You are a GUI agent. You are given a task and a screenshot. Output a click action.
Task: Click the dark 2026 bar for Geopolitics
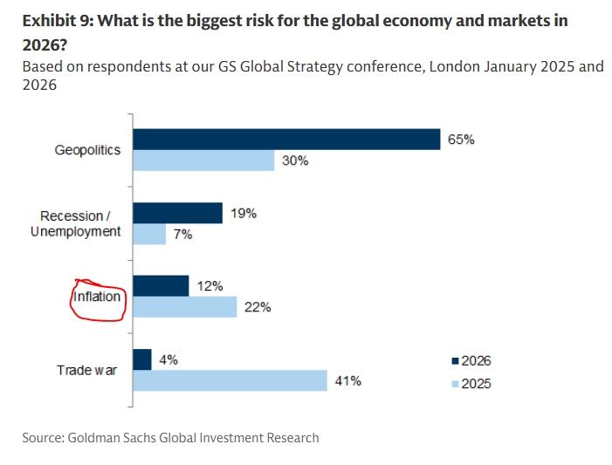click(285, 140)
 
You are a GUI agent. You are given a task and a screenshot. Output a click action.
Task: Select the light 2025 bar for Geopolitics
click(203, 161)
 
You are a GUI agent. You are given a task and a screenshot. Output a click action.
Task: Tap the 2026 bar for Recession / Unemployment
click(177, 213)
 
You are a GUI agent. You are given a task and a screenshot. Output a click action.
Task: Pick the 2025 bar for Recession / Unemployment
click(148, 234)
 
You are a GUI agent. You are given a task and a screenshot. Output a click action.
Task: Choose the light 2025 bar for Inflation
click(184, 307)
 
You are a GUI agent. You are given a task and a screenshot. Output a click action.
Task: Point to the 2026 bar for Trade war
click(141, 359)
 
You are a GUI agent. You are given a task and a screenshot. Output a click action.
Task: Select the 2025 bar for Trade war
click(229, 381)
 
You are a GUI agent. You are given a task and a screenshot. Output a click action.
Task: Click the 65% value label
click(461, 140)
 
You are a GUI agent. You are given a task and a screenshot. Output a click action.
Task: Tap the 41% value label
click(347, 381)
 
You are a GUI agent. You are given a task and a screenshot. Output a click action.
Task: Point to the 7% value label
click(182, 234)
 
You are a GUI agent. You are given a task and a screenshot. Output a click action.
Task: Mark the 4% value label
click(168, 359)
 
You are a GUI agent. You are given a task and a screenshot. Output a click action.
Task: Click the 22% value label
click(258, 307)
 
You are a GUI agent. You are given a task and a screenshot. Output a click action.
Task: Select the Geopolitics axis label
click(87, 150)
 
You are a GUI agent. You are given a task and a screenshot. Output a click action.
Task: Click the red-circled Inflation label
click(97, 297)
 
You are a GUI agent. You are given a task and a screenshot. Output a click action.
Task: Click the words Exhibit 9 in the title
click(56, 20)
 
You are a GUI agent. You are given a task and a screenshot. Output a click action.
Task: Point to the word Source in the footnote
click(43, 437)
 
